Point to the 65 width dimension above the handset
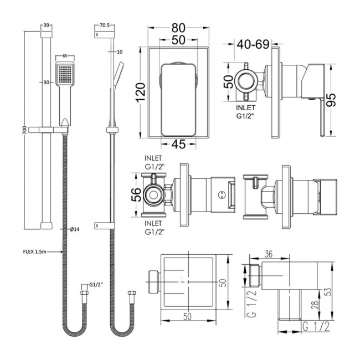tap(65, 56)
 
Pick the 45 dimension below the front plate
tap(178, 145)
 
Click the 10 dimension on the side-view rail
tap(120, 52)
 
